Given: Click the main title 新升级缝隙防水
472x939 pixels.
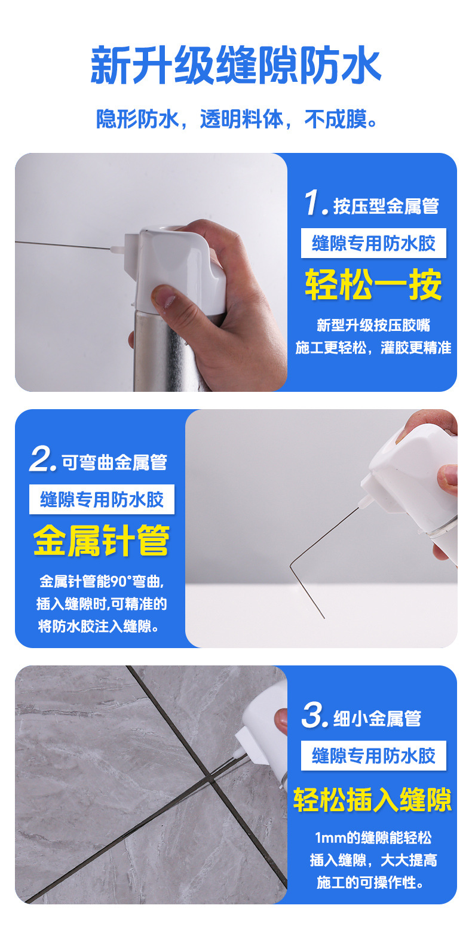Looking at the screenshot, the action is click(236, 65).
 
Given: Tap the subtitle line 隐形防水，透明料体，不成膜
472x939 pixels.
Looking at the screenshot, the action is click(237, 119).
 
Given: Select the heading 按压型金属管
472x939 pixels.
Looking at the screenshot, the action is click(386, 206).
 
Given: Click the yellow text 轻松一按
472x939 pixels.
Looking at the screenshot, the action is click(373, 284).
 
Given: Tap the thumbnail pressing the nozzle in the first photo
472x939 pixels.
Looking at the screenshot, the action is click(164, 296).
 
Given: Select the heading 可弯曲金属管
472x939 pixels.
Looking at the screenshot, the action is click(115, 462).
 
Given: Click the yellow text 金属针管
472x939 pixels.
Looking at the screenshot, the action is click(102, 541).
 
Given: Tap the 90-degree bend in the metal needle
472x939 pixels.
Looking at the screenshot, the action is click(290, 566).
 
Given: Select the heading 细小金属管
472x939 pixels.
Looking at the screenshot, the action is click(377, 719).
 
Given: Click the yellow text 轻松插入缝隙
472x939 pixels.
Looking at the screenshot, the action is click(372, 799).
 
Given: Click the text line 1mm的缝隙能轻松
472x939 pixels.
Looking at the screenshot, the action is click(373, 837).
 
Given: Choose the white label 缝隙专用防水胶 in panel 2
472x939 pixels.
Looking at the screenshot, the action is click(102, 499).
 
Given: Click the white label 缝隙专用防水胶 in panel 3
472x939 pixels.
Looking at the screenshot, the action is click(373, 756).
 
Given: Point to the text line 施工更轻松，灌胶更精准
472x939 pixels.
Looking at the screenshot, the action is click(373, 348).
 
